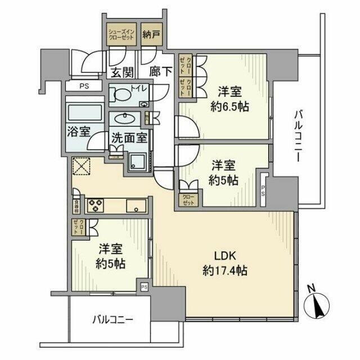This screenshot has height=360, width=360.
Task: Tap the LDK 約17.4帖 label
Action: [x=223, y=263]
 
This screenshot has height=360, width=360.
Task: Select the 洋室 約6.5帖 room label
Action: [x=231, y=98]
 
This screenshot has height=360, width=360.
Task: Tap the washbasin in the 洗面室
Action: [x=123, y=119]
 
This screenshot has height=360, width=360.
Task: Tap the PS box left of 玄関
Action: [x=83, y=87]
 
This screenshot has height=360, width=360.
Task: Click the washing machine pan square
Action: [x=137, y=162]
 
